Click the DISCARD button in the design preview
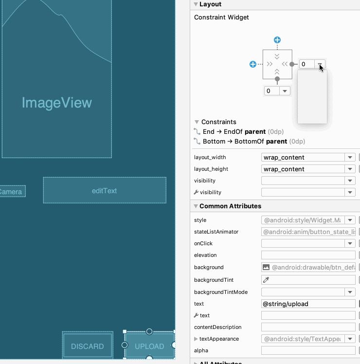click(88, 346)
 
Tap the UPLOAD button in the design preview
click(149, 346)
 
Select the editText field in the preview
click(105, 190)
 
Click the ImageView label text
click(57, 103)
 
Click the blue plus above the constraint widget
click(277, 40)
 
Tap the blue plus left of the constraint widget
click(253, 64)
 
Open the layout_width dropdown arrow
click(350, 157)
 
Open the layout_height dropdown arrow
click(350, 169)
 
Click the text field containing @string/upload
click(308, 304)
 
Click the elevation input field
click(308, 255)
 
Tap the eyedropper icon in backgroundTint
click(266, 280)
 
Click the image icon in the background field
click(266, 267)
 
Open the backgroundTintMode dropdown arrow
click(350, 292)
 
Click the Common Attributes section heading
click(230, 206)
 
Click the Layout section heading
click(210, 4)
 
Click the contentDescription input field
click(308, 327)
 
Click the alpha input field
click(308, 350)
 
